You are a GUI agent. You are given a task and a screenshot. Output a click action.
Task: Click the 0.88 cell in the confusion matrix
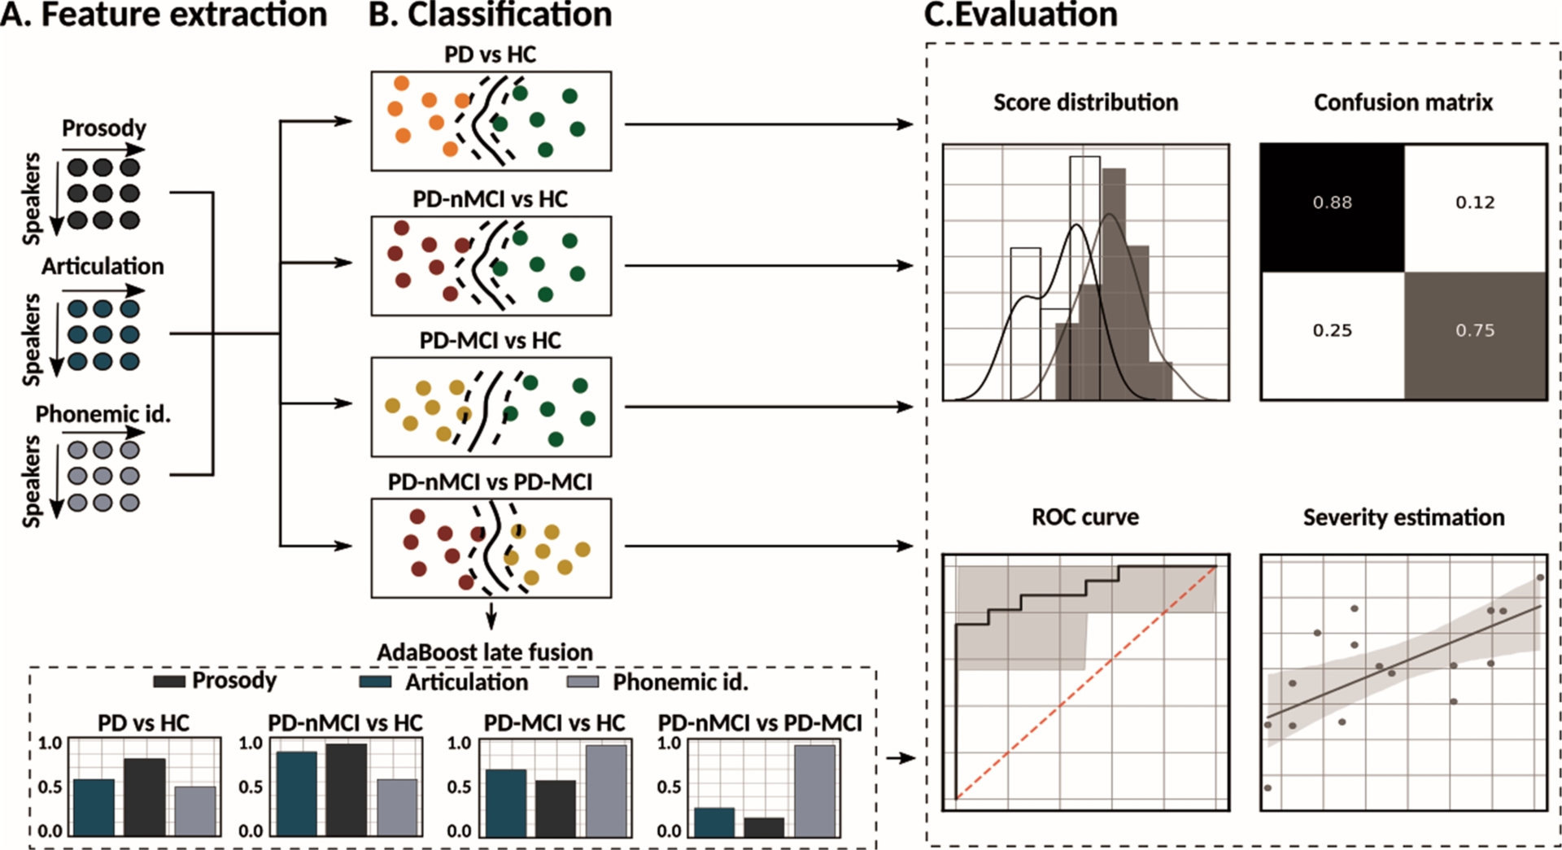point(1332,203)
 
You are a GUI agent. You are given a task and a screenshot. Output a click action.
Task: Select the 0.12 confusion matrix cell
point(1474,203)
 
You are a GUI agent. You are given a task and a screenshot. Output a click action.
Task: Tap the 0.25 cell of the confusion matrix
point(1332,330)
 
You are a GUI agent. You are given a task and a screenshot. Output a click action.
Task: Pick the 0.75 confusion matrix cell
point(1474,330)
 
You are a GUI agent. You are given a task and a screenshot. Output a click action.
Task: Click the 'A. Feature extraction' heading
point(164,15)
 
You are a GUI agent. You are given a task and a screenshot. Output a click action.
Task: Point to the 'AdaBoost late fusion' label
point(485,652)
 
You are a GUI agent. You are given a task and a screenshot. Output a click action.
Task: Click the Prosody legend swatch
point(168,682)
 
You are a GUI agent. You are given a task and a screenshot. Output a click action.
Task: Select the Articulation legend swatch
point(375,682)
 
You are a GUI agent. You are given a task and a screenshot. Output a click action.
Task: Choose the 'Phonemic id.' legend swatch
point(582,682)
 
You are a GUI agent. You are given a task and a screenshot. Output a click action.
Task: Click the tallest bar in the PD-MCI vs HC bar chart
point(606,791)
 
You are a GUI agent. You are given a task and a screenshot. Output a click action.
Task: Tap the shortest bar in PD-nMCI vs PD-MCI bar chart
point(764,826)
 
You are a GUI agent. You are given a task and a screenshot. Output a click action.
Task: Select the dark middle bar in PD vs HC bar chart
point(145,796)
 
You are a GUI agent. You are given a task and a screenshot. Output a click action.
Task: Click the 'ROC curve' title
point(1084,517)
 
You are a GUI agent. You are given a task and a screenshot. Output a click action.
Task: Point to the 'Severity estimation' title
point(1403,517)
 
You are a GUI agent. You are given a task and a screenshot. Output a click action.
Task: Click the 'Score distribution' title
point(1085,102)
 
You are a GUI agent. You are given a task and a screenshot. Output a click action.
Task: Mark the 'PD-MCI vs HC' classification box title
point(490,340)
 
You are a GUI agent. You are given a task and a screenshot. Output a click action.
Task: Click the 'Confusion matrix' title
point(1403,102)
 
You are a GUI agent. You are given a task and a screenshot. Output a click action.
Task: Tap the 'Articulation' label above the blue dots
point(103,267)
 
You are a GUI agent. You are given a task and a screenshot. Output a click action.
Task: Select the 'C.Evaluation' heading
point(1021,15)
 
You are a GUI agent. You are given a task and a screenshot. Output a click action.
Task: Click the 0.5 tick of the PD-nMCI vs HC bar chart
point(251,787)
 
